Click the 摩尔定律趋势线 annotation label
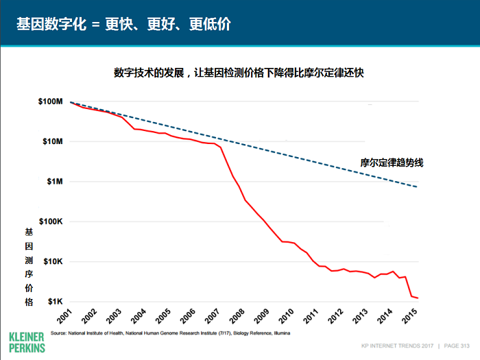392,163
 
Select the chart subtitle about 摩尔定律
239,72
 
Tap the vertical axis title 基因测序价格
29,267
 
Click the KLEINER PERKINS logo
27,343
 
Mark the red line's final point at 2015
418,298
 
